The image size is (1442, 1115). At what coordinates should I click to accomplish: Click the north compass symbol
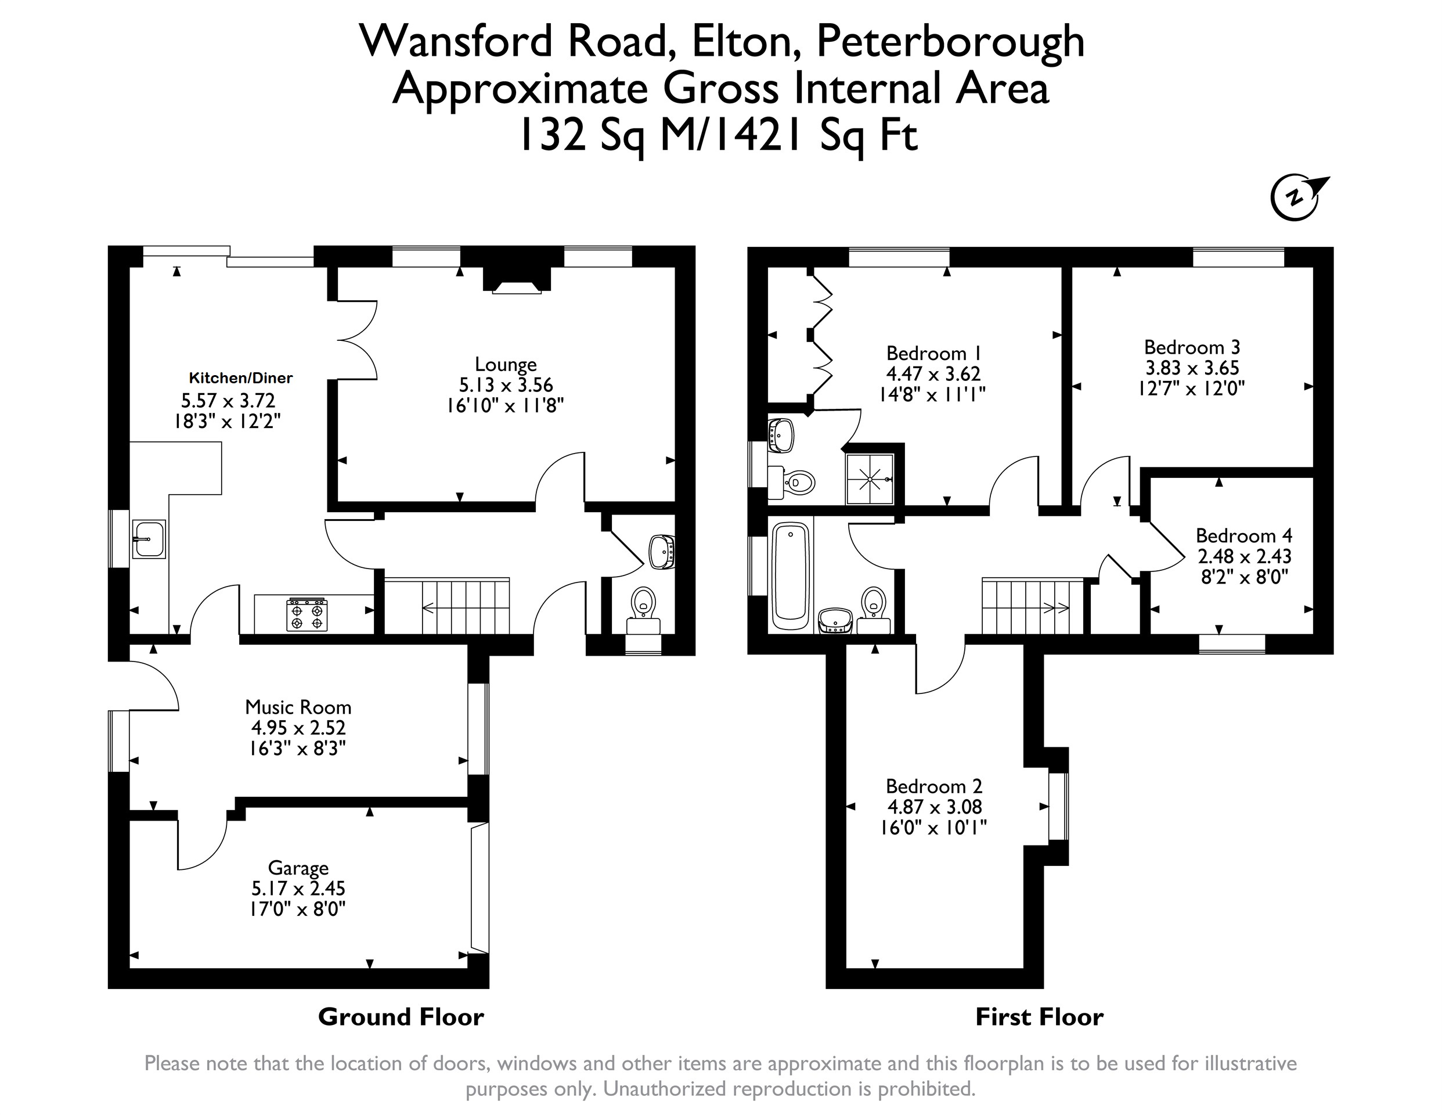[1297, 197]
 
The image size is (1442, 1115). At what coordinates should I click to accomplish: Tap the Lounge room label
[506, 364]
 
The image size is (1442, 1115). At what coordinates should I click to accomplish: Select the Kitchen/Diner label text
[240, 378]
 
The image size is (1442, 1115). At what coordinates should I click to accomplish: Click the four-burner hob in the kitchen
[307, 614]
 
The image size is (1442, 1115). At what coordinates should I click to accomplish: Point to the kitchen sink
[149, 538]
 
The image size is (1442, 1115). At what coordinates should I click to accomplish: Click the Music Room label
[298, 707]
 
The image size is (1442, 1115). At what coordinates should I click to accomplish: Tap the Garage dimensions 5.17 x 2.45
[298, 889]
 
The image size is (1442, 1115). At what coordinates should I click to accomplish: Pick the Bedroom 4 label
[1244, 535]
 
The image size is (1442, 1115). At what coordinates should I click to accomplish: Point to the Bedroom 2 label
[933, 786]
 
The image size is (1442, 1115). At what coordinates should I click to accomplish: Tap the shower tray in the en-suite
[870, 479]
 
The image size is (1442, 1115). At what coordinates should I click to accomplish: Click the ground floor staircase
[447, 606]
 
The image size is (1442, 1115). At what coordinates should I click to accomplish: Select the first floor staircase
[1033, 606]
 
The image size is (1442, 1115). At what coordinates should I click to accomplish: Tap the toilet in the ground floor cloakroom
[643, 611]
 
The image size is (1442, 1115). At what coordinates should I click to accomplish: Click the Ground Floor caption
[401, 1017]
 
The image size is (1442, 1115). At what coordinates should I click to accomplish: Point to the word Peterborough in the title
[951, 41]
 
